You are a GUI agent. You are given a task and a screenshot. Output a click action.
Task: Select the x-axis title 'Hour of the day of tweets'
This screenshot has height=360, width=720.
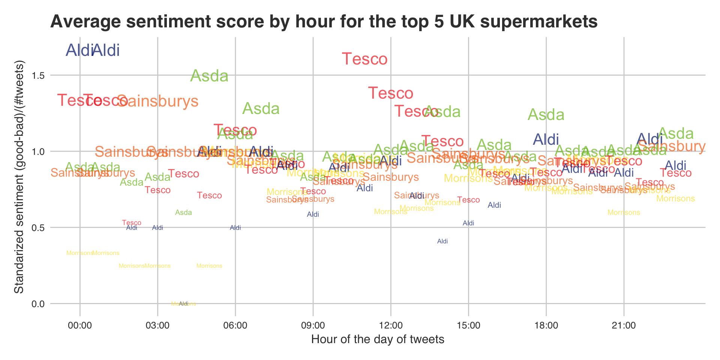tap(378, 340)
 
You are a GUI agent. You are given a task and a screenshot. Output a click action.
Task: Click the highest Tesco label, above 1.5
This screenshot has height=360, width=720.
tap(364, 59)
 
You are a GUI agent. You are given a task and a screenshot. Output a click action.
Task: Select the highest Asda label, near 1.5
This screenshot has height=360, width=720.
tap(209, 76)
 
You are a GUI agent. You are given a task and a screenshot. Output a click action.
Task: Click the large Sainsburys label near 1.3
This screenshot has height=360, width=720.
tap(157, 101)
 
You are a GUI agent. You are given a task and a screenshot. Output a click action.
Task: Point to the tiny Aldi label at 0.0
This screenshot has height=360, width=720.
tap(183, 304)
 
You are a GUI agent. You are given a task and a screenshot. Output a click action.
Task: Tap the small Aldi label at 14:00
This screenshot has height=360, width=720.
tap(442, 241)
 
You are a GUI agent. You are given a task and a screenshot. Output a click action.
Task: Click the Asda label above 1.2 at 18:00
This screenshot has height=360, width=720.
tap(546, 115)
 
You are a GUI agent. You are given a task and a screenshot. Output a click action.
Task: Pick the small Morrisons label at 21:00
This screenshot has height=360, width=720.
tap(624, 213)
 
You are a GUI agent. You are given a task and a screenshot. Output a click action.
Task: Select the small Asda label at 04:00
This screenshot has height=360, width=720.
tap(183, 213)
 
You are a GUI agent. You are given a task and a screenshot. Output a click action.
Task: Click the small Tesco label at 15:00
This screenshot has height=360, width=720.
tap(468, 200)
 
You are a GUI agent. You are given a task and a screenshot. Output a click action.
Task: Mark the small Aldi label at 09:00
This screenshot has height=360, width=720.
tap(313, 214)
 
